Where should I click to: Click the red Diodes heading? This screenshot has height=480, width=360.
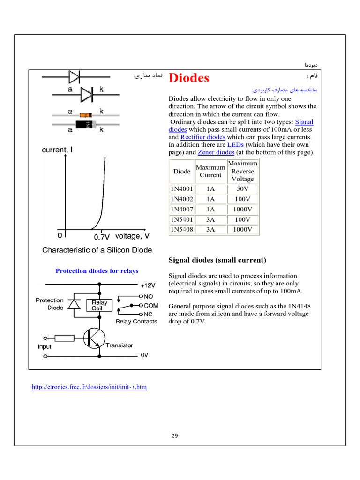click(188, 78)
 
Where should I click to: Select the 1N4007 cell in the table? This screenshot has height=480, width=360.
click(182, 210)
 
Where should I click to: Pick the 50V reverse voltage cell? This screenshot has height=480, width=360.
click(243, 189)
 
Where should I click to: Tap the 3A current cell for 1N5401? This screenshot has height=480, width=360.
click(210, 219)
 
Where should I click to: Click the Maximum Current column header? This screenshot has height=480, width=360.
click(210, 171)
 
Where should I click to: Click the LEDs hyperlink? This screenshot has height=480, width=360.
click(235, 145)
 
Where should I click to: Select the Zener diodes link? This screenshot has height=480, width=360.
click(216, 152)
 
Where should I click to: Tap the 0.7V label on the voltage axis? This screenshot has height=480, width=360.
click(102, 237)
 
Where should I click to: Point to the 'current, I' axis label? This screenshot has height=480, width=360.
click(57, 150)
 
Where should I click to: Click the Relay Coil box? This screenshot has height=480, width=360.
click(99, 306)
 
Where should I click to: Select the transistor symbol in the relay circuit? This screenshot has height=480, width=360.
click(93, 338)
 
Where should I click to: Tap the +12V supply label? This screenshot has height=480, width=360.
click(148, 285)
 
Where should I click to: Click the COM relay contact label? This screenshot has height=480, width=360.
click(151, 306)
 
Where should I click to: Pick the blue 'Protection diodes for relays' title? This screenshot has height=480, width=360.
click(97, 271)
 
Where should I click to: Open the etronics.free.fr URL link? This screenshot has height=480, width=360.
click(89, 387)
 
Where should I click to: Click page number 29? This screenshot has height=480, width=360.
click(174, 436)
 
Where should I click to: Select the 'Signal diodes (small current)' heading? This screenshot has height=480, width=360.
click(217, 260)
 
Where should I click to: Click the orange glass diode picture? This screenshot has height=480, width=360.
click(85, 115)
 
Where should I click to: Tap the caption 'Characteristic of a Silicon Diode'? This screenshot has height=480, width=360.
click(97, 250)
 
